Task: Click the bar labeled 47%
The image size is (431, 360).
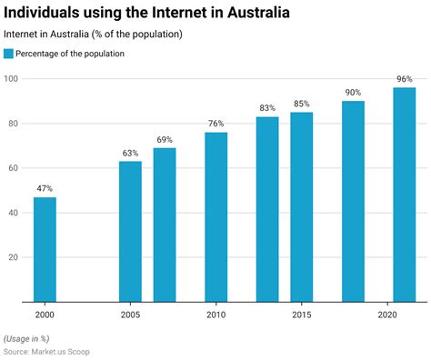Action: point(45,249)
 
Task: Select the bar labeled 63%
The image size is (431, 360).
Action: point(130,231)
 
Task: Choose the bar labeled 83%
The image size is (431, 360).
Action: point(267,209)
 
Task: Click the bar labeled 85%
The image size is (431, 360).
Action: point(302,206)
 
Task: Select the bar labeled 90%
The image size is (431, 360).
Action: point(354,201)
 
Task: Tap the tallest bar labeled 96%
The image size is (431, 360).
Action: point(405,195)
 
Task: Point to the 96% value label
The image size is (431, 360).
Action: point(405,80)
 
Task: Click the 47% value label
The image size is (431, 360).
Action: point(45,189)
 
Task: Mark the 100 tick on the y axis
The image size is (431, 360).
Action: point(11,79)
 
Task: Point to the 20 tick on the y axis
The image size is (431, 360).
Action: point(14,257)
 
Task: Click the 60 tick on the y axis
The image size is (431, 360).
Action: point(14,168)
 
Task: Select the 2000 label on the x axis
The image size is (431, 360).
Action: point(45,315)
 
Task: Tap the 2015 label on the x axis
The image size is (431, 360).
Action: point(302,315)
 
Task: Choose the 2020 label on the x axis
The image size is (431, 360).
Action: point(387,315)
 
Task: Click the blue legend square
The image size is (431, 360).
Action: point(9,54)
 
